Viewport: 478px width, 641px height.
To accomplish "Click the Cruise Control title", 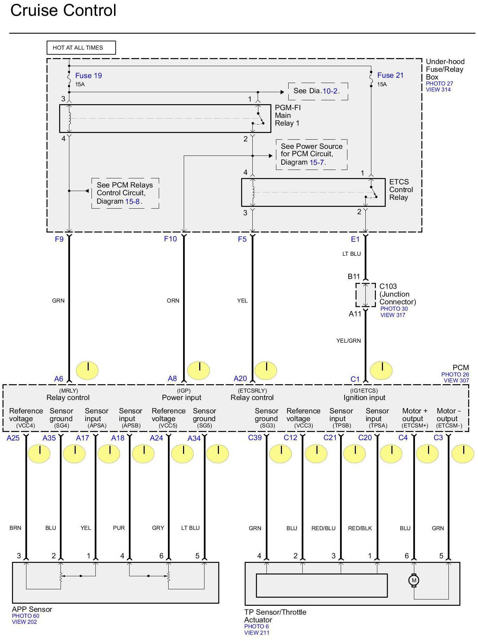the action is coord(63,11).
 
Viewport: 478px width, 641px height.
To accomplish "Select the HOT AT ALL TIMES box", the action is coord(81,48).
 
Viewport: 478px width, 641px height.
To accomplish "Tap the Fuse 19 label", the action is coord(88,76).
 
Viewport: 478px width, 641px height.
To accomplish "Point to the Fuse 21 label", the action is coord(390,75).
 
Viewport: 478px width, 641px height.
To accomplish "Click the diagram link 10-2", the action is coord(330,91).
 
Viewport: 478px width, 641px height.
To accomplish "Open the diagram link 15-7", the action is coord(316,163).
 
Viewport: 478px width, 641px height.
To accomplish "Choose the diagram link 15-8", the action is coord(132,202).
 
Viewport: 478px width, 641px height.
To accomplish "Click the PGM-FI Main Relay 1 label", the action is coord(287,115).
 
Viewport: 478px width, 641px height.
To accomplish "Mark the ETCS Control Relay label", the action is coord(401,190).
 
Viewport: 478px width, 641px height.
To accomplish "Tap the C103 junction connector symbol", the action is coord(366,295).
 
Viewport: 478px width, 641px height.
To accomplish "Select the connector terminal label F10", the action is coord(170,239).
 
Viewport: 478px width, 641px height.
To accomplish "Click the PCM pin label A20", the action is coord(240,379).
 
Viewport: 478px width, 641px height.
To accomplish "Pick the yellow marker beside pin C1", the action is coord(382,370).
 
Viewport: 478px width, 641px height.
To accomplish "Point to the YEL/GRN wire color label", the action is coord(348,341).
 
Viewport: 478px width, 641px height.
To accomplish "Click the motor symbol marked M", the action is coord(414,580).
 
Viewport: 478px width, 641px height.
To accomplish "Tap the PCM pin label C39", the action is coord(255,438).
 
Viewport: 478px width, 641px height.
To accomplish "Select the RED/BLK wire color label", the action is coord(360,528).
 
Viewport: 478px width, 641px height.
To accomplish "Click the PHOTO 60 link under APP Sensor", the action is coord(26,616).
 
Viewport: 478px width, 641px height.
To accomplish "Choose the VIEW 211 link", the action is coord(257,633).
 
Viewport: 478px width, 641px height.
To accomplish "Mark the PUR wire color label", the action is coord(119,528).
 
